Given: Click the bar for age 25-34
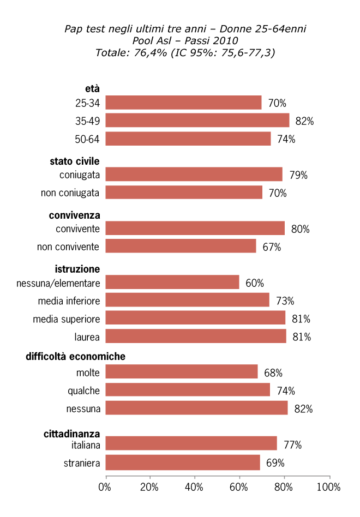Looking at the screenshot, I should [x=183, y=103].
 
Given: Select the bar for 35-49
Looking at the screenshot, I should [x=197, y=121].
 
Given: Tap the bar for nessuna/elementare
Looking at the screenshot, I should [x=172, y=282].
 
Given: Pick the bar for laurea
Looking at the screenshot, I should [x=195, y=336].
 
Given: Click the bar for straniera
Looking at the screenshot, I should [x=182, y=462].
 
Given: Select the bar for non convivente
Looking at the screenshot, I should [x=181, y=246].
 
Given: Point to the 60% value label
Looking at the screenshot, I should [x=254, y=283].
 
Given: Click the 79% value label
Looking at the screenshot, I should [x=298, y=175].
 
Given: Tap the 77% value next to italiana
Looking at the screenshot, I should [x=292, y=444].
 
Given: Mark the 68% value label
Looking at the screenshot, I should [x=273, y=373].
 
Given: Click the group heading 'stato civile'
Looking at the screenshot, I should [x=74, y=161].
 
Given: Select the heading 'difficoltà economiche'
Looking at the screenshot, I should [x=75, y=357].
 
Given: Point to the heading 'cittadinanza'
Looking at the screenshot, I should [x=71, y=434].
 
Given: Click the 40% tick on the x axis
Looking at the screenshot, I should [x=195, y=487].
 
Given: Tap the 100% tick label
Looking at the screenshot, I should [x=329, y=487].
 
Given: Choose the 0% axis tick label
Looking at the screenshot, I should [x=105, y=487].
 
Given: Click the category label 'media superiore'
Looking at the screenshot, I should [x=66, y=319].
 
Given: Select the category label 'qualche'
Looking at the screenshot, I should [x=83, y=391].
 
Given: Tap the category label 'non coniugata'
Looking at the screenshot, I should [x=70, y=193].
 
